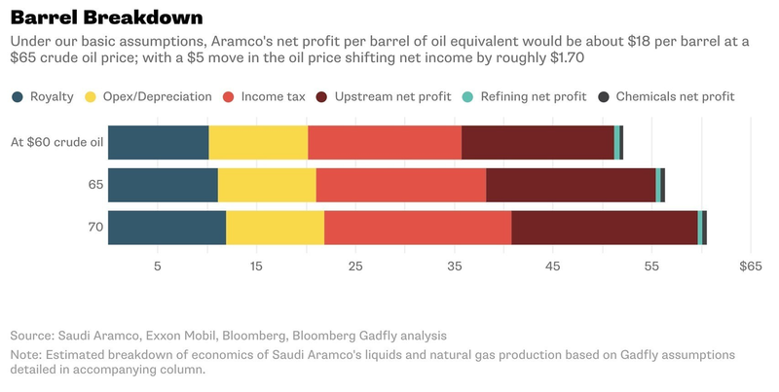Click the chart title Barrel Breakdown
(x=106, y=17)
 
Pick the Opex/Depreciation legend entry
(x=156, y=96)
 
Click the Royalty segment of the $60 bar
(x=158, y=142)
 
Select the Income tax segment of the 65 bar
(x=400, y=185)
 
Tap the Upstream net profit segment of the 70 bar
(x=604, y=227)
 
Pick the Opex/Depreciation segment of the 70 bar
(x=275, y=227)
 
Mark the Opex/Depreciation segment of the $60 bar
(x=258, y=142)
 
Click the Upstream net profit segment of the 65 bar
(x=571, y=185)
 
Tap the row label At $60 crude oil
(x=56, y=142)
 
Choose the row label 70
(x=94, y=227)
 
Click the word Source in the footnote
(x=31, y=335)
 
